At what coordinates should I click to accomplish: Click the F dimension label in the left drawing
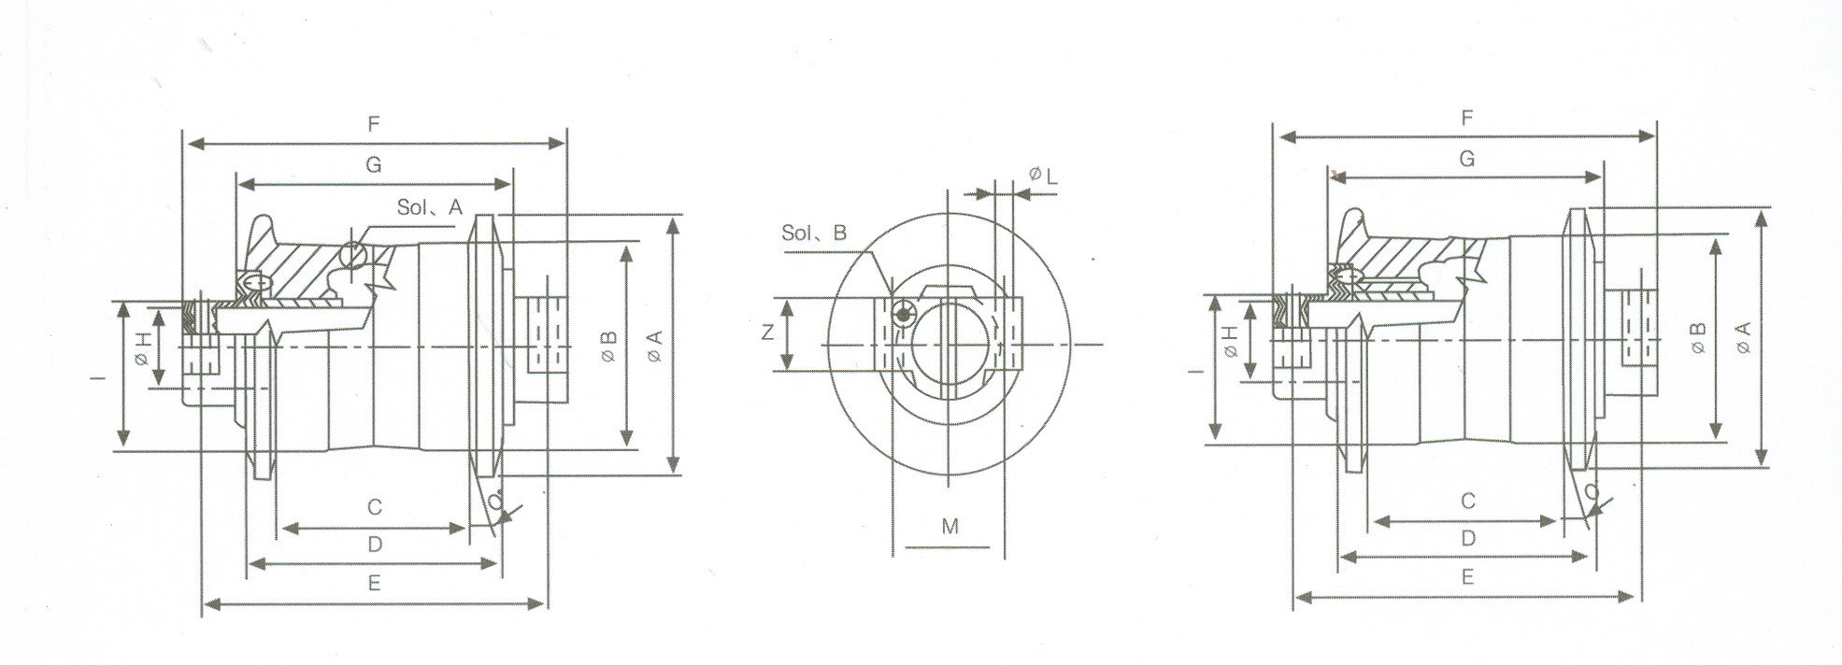(373, 121)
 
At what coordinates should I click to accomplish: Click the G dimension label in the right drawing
(1466, 159)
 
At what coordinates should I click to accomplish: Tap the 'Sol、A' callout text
(429, 208)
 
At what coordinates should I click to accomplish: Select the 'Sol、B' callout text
(813, 233)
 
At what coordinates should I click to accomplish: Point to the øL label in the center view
(1042, 175)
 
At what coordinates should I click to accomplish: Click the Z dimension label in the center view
(766, 332)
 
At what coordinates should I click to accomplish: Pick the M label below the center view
(950, 526)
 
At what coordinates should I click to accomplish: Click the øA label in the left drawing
(655, 347)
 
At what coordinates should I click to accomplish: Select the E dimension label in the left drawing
(374, 583)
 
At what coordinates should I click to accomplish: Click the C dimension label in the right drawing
(1467, 502)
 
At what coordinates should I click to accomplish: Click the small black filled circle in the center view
(902, 316)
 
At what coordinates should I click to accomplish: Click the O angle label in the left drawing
(494, 502)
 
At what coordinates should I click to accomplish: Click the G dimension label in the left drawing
(373, 164)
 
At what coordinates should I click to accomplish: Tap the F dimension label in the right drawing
(1466, 118)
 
